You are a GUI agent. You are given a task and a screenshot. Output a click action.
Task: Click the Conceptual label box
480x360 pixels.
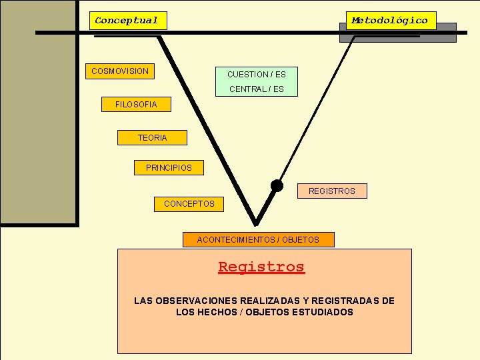click(x=127, y=21)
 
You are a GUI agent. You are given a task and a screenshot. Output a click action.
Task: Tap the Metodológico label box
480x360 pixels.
click(x=390, y=21)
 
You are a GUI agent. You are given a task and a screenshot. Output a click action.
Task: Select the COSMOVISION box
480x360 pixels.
click(x=120, y=71)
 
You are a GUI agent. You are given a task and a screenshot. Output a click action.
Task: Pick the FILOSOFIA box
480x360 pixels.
click(x=136, y=105)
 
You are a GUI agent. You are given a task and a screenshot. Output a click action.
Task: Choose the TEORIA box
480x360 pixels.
click(x=152, y=138)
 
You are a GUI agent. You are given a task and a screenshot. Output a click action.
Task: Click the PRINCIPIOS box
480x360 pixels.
click(x=169, y=168)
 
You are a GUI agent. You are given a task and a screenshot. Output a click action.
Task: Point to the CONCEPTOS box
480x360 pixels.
click(x=189, y=204)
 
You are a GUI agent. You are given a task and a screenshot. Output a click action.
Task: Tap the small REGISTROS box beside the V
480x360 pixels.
click(x=332, y=191)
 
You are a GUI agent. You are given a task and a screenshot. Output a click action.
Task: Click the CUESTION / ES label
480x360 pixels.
click(x=256, y=75)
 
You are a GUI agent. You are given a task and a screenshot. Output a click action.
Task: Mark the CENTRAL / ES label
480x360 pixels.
click(x=256, y=89)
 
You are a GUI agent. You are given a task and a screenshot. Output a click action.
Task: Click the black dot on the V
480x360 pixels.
click(x=277, y=185)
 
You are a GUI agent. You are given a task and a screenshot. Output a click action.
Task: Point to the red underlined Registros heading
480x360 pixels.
click(x=261, y=267)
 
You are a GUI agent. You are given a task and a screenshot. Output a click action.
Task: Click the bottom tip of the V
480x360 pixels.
click(x=255, y=223)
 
